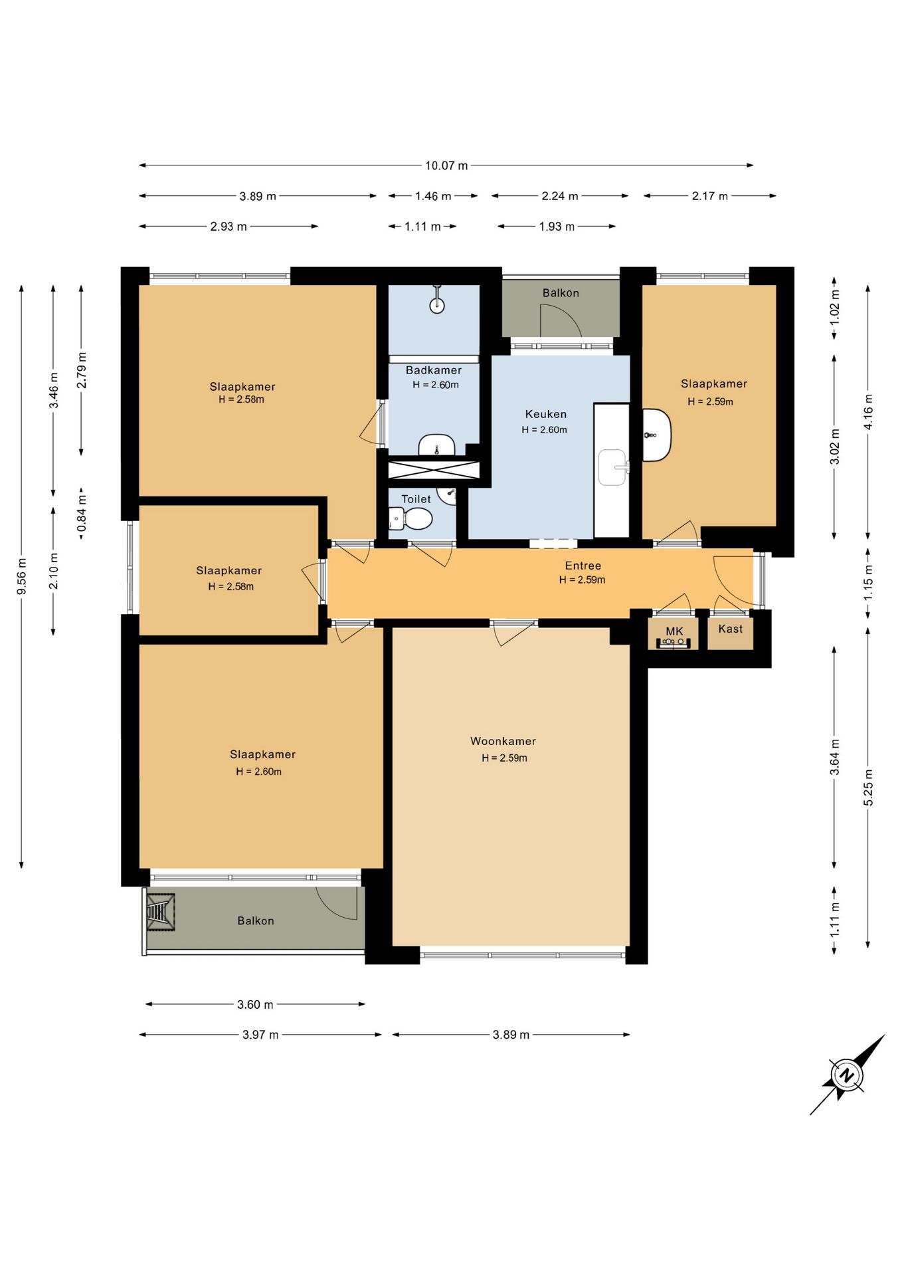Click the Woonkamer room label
503,741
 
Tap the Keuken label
545,414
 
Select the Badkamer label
434,370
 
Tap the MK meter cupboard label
674,631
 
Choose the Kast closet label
731,629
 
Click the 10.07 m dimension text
446,165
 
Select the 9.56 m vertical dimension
22,576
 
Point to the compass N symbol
847,1075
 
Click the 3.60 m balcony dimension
256,1004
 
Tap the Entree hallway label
583,566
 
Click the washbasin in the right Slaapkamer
656,435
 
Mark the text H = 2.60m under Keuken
545,430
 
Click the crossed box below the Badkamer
433,469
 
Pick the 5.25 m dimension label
868,788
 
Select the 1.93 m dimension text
557,227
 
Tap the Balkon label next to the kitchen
561,293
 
